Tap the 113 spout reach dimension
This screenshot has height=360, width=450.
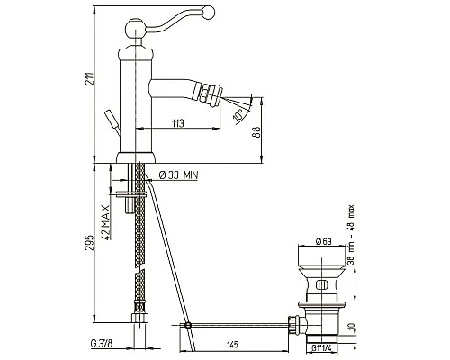(178, 123)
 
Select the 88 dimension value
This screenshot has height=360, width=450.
(257, 131)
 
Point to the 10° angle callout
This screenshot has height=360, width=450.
(238, 115)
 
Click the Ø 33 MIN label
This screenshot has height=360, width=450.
(178, 175)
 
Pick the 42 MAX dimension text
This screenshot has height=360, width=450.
(105, 222)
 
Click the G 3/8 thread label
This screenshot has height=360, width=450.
(101, 344)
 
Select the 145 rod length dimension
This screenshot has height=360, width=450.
(232, 345)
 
